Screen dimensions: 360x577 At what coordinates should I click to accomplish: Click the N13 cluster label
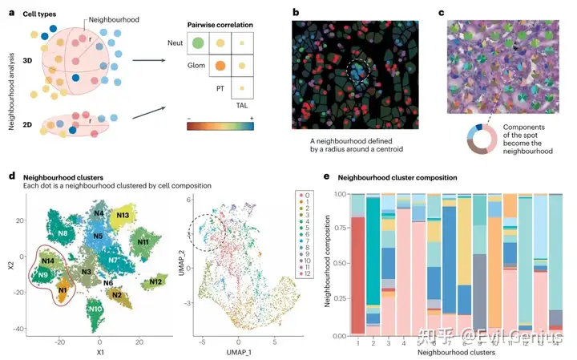[124, 215]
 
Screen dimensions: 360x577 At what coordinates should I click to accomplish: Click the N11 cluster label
[144, 241]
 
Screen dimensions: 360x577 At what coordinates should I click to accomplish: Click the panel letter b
[296, 13]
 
